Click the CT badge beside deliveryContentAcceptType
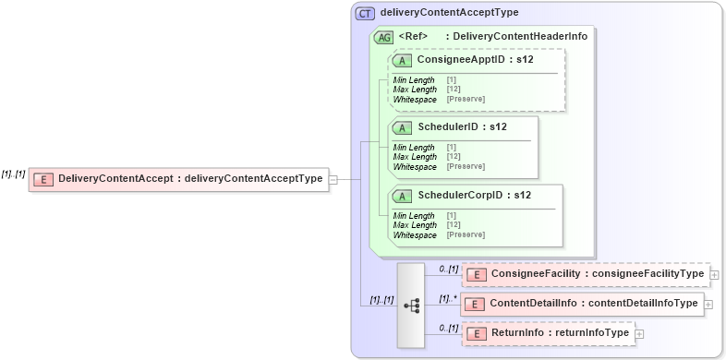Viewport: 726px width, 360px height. point(365,13)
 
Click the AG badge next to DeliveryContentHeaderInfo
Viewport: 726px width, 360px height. point(383,37)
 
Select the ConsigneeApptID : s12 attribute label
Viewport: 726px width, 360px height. point(463,60)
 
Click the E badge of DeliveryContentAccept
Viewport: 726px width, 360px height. point(42,179)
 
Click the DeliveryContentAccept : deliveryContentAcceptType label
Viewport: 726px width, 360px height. point(191,179)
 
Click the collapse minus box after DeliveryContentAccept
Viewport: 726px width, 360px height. point(333,180)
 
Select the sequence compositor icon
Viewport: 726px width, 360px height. point(411,304)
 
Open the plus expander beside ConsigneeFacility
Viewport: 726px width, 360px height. point(715,274)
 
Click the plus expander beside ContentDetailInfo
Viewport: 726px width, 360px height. point(708,304)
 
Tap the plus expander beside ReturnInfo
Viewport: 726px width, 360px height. point(639,333)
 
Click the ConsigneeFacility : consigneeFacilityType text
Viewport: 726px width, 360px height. point(597,274)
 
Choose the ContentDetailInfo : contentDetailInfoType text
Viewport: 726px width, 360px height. point(594,304)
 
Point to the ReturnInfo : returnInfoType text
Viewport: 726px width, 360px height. point(560,333)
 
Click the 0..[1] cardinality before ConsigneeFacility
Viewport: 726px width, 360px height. point(448,269)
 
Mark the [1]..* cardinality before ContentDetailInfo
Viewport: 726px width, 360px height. point(448,298)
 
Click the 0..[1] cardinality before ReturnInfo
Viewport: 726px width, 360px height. point(448,328)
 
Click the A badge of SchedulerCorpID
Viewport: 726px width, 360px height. point(402,195)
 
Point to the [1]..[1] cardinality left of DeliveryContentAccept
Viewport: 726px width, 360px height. point(13,173)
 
